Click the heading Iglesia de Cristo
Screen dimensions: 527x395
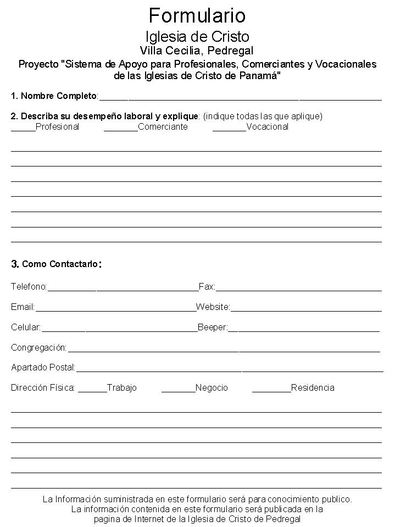[197, 37]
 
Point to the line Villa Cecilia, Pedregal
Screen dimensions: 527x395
[197, 51]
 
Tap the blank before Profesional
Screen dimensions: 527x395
[23, 129]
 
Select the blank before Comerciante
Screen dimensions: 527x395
[120, 129]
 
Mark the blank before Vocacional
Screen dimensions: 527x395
[229, 129]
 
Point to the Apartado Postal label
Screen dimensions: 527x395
[43, 367]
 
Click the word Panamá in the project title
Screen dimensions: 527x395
[262, 75]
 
